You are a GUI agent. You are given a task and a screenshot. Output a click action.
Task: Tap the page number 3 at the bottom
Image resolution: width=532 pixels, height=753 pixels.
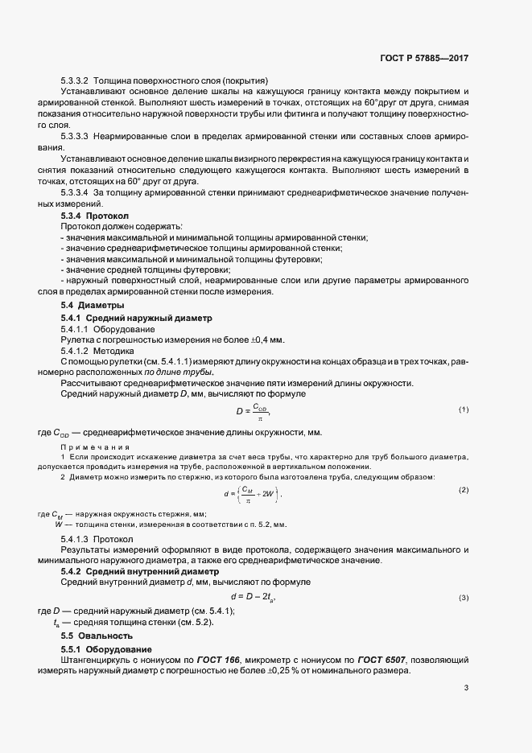[466, 688]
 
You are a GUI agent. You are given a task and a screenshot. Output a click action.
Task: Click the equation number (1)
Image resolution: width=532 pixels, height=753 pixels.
[464, 410]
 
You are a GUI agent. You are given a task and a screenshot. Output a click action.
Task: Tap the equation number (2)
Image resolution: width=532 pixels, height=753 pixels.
[464, 490]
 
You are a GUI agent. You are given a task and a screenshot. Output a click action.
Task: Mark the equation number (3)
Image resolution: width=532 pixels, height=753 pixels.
[464, 598]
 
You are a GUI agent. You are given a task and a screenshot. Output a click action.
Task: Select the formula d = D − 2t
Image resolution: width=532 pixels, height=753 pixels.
[254, 597]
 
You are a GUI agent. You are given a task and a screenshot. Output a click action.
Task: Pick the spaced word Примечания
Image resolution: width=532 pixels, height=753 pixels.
[91, 447]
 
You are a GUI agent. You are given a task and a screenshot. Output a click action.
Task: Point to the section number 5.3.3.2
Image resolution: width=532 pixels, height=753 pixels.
[73, 80]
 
